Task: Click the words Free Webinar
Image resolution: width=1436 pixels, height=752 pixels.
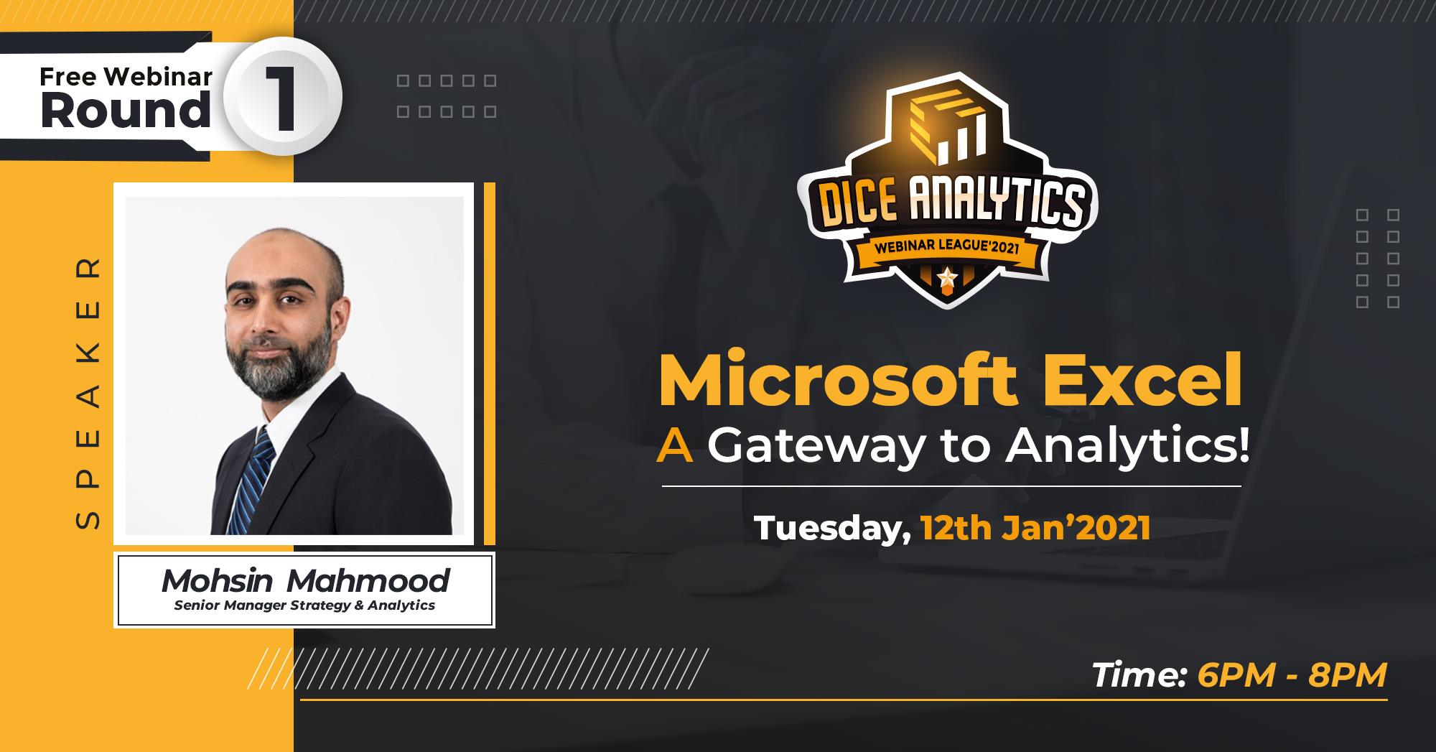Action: [126, 76]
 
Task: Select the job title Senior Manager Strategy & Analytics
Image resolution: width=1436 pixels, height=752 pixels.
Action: [304, 605]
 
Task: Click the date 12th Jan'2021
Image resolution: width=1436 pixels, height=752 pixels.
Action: [1035, 529]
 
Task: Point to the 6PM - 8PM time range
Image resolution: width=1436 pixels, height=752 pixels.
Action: [1292, 676]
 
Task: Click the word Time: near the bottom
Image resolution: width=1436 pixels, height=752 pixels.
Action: [1138, 676]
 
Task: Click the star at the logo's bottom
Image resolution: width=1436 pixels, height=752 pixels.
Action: [947, 276]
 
